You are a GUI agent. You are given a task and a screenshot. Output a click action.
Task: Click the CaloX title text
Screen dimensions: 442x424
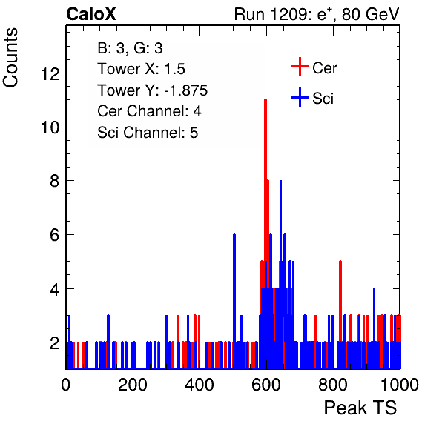91,14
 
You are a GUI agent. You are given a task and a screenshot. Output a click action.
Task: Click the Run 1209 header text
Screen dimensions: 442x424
317,14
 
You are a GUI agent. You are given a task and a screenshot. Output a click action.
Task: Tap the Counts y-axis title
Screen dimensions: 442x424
10,58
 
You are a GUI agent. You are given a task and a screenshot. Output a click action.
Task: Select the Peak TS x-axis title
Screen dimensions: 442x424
360,408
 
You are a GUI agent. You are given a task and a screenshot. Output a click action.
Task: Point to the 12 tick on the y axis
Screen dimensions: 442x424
50,74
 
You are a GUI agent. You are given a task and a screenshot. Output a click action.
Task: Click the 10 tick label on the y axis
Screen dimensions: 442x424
50,127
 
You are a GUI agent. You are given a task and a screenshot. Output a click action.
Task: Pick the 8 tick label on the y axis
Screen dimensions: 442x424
55,181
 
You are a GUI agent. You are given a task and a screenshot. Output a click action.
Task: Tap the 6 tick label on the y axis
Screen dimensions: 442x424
55,235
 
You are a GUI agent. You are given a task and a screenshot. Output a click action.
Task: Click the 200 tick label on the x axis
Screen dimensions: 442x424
133,385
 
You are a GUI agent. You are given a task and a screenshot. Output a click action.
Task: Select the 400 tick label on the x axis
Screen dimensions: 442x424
199,385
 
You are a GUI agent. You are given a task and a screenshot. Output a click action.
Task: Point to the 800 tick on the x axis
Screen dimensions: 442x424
333,385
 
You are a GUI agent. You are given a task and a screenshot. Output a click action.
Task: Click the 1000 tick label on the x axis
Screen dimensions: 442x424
400,385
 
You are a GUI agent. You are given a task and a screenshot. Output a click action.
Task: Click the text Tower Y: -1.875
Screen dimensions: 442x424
153,90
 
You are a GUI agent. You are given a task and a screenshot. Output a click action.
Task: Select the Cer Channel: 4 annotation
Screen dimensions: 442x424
149,111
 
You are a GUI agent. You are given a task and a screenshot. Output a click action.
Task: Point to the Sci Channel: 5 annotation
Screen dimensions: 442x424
148,133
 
